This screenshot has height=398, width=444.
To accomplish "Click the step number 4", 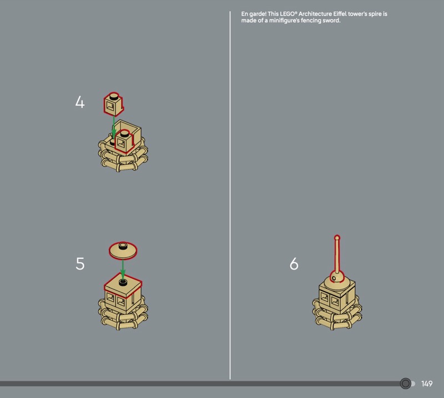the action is [x=80, y=102].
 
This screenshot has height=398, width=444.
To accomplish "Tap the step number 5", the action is [x=80, y=264].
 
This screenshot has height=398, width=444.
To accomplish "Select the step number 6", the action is [x=294, y=264].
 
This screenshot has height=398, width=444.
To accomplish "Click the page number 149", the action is [x=427, y=384].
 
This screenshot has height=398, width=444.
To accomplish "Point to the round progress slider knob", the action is [x=406, y=384].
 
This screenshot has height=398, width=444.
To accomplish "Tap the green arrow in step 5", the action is [x=123, y=268].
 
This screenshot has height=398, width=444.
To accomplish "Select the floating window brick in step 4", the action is [x=114, y=104].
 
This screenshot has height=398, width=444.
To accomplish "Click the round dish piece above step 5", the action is [x=123, y=250].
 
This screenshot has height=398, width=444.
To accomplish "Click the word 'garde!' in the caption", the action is [x=258, y=14].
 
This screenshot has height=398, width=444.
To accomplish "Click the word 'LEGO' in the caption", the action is [x=288, y=14].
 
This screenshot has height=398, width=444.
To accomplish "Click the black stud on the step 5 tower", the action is [x=123, y=282].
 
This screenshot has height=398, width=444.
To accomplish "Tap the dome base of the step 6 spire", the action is [x=337, y=277].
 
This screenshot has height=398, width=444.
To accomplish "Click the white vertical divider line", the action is [x=230, y=195].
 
